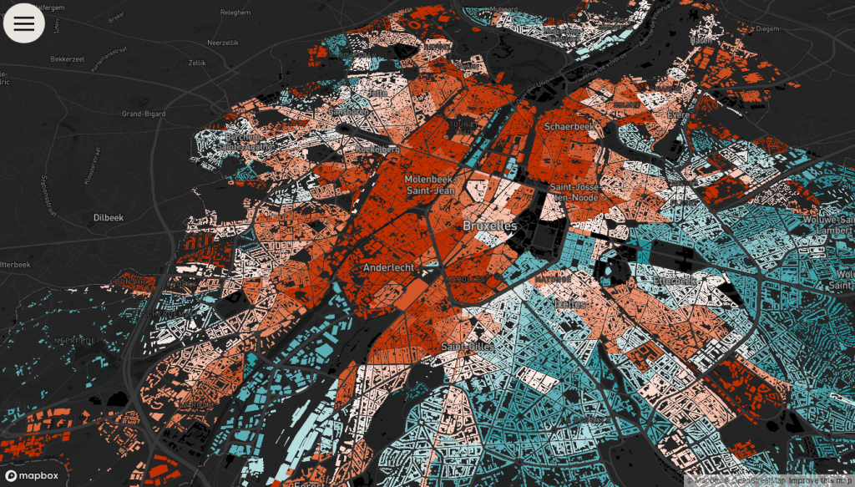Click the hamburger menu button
[x=24, y=23]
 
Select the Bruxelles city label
[x=490, y=226]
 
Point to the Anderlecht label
[x=388, y=267]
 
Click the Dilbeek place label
[x=108, y=217]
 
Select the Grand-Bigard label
[x=143, y=113]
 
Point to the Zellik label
[x=197, y=63]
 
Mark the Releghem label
[x=236, y=13]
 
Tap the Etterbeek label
[x=674, y=281]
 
